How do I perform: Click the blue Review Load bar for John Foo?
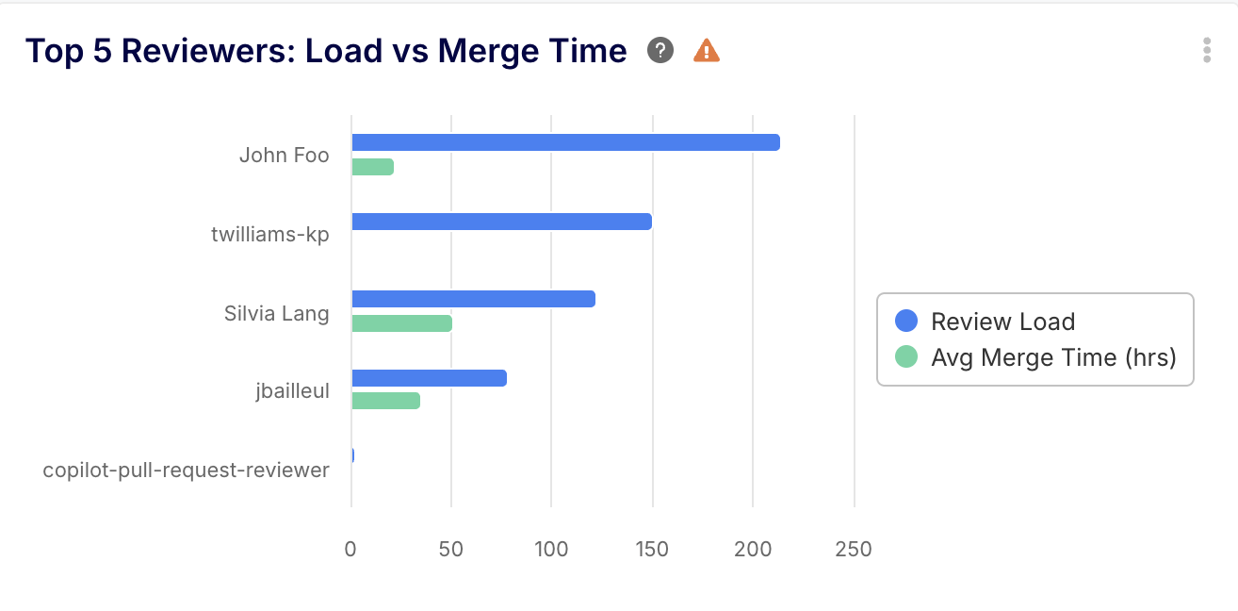click(x=565, y=142)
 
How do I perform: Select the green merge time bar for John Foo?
click(x=372, y=167)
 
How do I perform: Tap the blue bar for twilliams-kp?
click(x=501, y=222)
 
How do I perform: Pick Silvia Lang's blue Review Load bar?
click(x=473, y=299)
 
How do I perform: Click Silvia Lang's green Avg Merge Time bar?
click(x=401, y=323)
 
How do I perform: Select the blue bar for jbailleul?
click(x=429, y=378)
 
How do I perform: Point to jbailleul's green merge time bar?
click(x=385, y=401)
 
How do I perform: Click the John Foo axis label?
click(x=284, y=155)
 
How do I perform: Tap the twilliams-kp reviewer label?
click(x=269, y=234)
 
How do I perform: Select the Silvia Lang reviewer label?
click(x=276, y=312)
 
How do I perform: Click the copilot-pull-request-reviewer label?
click(x=186, y=470)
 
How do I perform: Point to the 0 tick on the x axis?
click(x=350, y=549)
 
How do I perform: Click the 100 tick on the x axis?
click(x=551, y=549)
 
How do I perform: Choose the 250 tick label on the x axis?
click(x=853, y=549)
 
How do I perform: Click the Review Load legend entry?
click(x=1002, y=322)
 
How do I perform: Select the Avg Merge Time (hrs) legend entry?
click(x=1052, y=357)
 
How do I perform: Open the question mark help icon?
click(x=660, y=50)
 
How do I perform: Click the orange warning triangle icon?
click(x=707, y=50)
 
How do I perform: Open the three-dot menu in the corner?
click(x=1206, y=50)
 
